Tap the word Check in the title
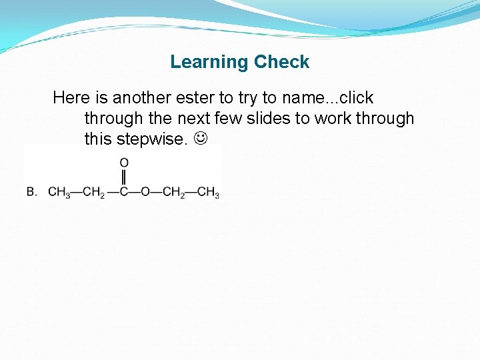pos(279,62)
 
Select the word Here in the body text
pos(71,98)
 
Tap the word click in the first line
pos(355,98)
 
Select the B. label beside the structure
pos(31,192)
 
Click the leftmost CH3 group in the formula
pos(59,193)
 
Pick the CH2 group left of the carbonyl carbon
pos(93,193)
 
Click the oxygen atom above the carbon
pos(124,163)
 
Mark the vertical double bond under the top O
pos(124,177)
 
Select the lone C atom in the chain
pos(124,193)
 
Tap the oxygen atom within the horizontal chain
pos(146,193)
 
